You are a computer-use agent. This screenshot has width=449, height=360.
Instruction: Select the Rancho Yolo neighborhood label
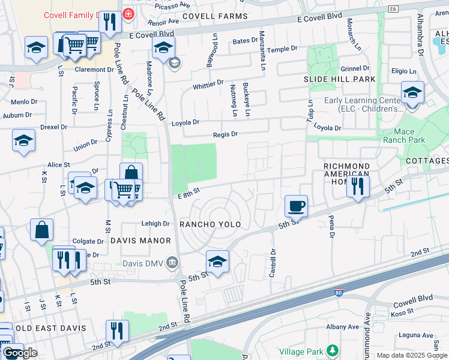[210, 224]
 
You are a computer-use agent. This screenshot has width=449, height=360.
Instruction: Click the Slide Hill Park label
[340, 79]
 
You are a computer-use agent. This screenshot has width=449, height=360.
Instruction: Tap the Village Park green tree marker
[332, 350]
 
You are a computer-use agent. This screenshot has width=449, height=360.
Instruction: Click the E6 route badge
[393, 9]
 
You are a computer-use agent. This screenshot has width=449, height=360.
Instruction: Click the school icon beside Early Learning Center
[412, 93]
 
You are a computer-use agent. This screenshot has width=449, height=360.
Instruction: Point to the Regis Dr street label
[226, 135]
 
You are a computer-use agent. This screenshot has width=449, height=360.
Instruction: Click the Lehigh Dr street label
[155, 224]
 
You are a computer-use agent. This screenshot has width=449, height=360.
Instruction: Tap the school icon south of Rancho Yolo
[217, 262]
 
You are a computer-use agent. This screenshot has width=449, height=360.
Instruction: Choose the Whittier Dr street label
[208, 85]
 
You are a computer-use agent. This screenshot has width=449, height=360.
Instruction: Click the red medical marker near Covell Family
[128, 13]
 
